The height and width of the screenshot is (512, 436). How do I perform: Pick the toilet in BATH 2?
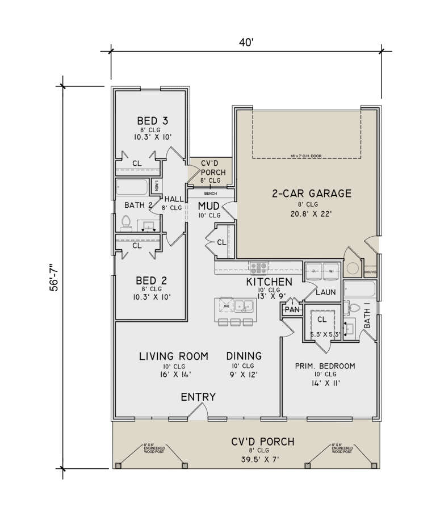point(126,223)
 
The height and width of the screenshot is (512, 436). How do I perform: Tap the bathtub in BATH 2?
point(133,187)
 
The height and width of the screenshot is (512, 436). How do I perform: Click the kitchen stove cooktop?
point(259,267)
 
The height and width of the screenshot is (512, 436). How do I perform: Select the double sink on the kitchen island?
point(245,305)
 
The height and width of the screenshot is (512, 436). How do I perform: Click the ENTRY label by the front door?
point(198,397)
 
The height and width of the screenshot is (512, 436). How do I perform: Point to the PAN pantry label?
point(292,310)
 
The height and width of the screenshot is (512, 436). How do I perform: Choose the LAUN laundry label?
point(325,292)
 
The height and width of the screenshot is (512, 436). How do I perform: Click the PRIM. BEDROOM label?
point(325,366)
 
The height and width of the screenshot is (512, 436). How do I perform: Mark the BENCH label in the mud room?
point(209,193)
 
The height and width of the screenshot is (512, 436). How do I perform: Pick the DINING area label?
point(244,356)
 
